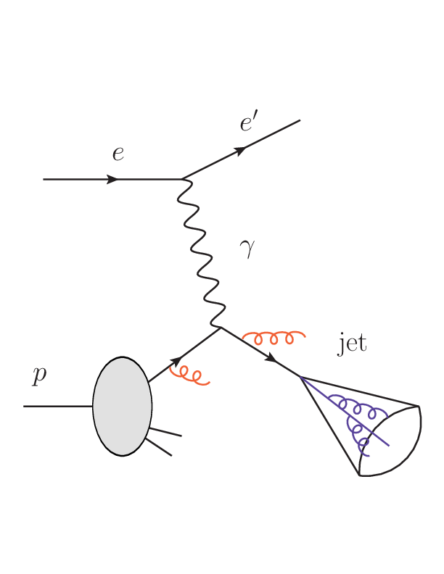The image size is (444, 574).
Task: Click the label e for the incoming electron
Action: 118,154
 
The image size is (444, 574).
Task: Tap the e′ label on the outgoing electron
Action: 249,124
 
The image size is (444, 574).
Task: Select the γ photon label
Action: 247,250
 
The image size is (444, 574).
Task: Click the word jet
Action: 353,343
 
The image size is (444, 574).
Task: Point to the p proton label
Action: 39,375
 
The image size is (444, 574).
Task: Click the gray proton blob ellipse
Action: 122,406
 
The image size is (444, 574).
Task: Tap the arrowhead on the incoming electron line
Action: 113,179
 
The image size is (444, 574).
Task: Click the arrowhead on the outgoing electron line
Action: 240,150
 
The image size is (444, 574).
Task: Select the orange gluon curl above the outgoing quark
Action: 274,337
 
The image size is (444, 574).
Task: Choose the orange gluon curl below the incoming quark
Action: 189,375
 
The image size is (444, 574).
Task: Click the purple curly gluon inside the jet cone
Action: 355,420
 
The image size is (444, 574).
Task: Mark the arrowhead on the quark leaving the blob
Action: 175,361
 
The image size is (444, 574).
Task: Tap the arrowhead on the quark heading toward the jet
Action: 271,358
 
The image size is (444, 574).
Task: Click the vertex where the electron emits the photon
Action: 182,178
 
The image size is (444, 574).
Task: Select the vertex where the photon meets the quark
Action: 221,328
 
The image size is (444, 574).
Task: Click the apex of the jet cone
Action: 300,377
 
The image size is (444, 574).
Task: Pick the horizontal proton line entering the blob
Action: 58,407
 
